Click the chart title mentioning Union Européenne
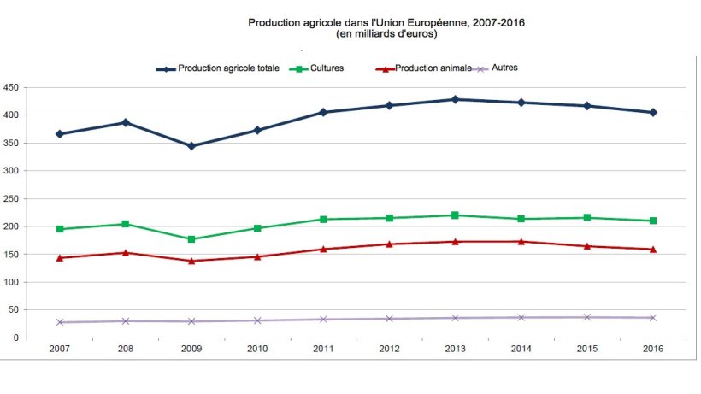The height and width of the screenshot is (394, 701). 386,22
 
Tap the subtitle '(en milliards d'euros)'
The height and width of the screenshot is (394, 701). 386,34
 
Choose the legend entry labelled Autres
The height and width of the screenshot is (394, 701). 504,68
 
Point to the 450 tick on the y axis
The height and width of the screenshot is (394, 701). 11,87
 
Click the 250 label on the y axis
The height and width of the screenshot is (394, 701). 11,198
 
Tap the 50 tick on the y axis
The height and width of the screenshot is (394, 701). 14,310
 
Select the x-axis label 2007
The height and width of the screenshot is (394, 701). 60,349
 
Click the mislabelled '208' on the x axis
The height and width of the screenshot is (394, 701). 126,349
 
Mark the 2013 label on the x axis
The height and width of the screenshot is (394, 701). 455,349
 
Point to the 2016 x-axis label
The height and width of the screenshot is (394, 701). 653,349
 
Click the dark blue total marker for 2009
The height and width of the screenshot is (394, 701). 191,146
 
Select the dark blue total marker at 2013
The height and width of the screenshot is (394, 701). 455,99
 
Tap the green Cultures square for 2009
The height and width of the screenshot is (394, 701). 191,239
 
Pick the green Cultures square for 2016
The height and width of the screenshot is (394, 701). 653,221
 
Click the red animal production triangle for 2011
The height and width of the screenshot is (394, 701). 323,249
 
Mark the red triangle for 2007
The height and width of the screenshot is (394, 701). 60,257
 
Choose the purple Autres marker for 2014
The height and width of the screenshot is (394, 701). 521,317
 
